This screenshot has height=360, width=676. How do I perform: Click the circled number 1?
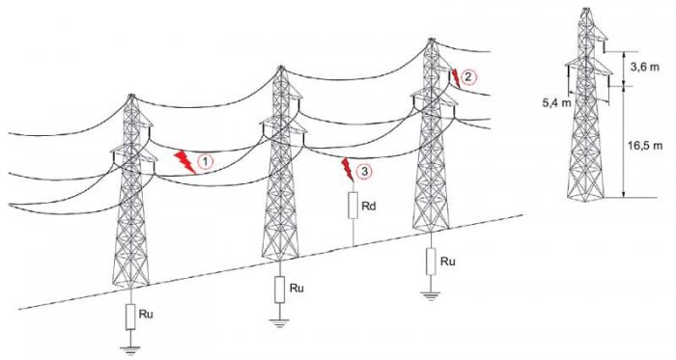point(206,162)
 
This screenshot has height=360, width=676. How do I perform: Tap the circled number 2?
point(468,77)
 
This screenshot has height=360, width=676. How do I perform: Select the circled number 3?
point(364,172)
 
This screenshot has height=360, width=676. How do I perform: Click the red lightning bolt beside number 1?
point(184,162)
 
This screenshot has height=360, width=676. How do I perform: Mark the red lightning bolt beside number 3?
point(347,169)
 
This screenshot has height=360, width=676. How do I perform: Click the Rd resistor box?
point(353,206)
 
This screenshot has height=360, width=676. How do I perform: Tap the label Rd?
point(369,207)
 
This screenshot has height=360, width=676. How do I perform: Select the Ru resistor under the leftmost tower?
point(130,317)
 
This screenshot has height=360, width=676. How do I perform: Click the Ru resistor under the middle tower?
point(280,290)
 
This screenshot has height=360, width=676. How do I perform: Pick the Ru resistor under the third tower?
point(431,262)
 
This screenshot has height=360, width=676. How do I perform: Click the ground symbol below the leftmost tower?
point(130,348)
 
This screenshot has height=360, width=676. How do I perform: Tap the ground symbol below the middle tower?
point(280,322)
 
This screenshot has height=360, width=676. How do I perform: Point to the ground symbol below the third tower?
point(431,295)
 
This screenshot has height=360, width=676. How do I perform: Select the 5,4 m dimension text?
point(556,103)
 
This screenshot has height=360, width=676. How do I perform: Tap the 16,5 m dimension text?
point(645,146)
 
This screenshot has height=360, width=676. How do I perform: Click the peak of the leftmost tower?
point(131,96)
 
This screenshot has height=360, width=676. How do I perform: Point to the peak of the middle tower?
point(281,68)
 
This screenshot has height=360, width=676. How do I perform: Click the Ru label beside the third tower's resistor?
point(448,261)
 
